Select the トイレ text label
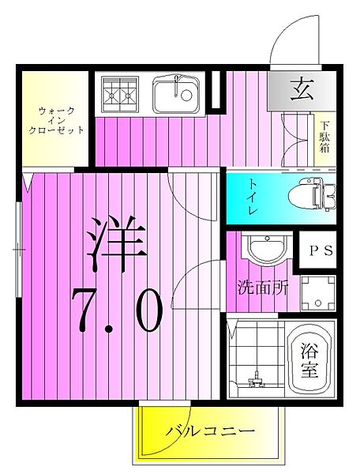pyautogui.click(x=250, y=198)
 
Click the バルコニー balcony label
pyautogui.click(x=209, y=432)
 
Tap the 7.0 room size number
pyautogui.click(x=116, y=310)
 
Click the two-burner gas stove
pyautogui.click(x=118, y=93)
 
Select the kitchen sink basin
pyautogui.click(x=174, y=95)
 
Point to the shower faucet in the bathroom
pyautogui.click(x=254, y=382)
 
